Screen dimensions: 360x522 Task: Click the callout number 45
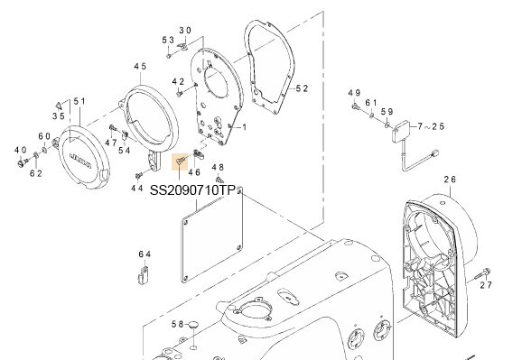(x=140, y=67)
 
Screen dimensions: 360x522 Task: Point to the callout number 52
(x=302, y=88)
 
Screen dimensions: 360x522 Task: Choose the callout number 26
(x=450, y=180)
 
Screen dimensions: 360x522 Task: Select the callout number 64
(x=144, y=255)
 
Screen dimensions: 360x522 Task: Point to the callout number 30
(x=185, y=30)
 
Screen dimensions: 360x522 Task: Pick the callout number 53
(x=168, y=41)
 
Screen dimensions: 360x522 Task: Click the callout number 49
(x=354, y=94)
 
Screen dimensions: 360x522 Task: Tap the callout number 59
(x=386, y=112)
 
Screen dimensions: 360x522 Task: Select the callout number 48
(x=218, y=168)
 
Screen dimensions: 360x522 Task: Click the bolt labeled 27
(x=485, y=271)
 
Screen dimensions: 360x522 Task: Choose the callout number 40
(x=20, y=149)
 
